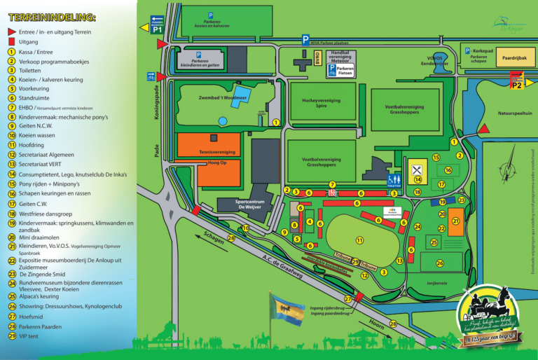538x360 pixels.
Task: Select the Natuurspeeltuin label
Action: (514, 112)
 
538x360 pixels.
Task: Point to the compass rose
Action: (509, 169)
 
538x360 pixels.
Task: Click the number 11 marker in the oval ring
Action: (359, 240)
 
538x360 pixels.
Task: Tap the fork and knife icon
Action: (418, 169)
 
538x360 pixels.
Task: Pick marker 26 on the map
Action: (440, 263)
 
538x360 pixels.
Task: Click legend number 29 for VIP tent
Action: (11, 336)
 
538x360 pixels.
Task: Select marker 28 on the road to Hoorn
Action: (393, 323)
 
